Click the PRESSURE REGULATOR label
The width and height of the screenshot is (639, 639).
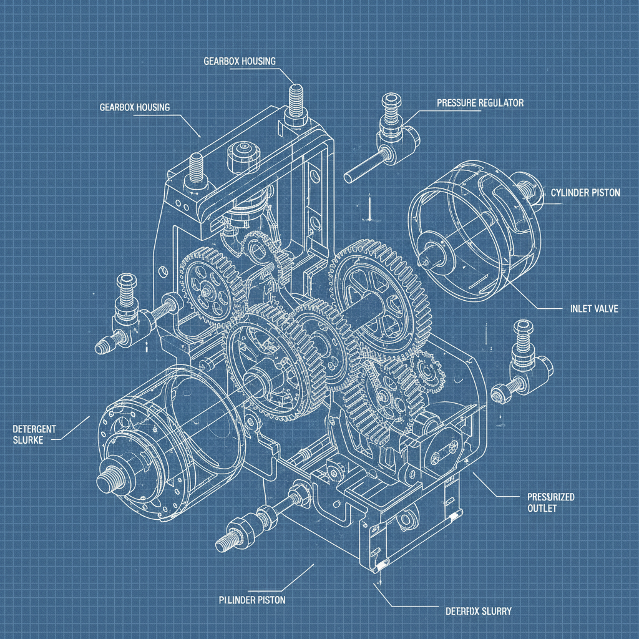480,102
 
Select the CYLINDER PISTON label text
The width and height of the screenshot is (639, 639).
585,193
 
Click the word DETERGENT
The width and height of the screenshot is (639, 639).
34,429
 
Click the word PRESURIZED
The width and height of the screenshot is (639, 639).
547,497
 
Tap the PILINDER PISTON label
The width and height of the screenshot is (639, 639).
252,600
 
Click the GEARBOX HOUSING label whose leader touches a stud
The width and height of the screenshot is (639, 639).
240,61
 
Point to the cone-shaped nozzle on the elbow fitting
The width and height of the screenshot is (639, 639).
104,345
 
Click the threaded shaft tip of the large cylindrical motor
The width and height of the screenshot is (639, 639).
108,481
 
